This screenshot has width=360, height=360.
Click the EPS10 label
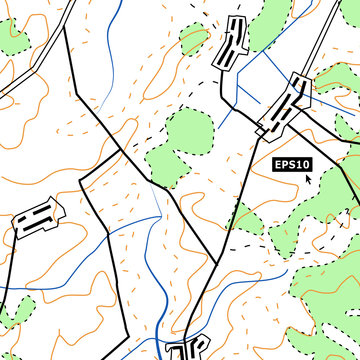(x=293, y=164)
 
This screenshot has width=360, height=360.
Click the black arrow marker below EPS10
(x=308, y=179)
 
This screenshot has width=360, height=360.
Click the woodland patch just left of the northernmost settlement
(x=194, y=40)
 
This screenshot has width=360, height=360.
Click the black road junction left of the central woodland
(x=122, y=152)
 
